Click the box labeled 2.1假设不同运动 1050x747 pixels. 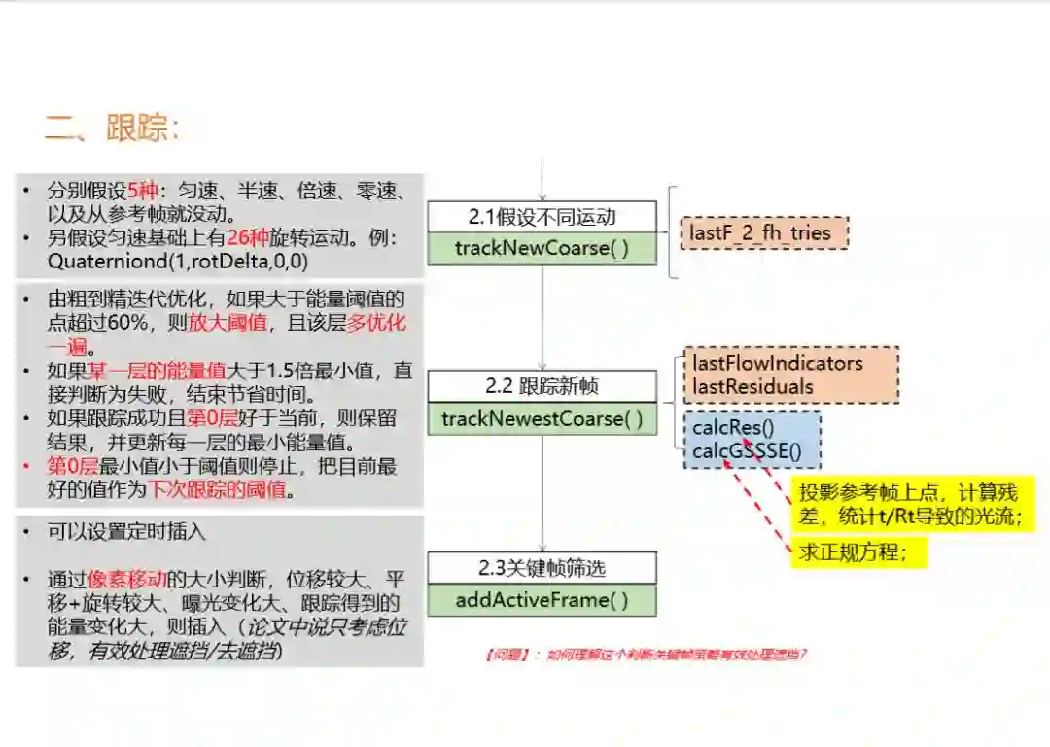542,216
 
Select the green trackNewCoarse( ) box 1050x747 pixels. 542,248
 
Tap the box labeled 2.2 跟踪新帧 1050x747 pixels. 542,386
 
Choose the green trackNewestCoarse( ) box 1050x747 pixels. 542,418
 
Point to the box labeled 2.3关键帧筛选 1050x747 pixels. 542,568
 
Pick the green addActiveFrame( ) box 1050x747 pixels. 542,600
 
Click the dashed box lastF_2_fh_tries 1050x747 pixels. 763,233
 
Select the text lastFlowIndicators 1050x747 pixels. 777,363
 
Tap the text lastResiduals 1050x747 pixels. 752,386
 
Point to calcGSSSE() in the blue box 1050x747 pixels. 747,450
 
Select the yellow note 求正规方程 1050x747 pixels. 853,552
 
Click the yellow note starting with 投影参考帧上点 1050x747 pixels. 910,504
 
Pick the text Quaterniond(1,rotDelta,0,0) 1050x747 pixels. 164,262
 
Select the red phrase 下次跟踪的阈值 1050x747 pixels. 217,490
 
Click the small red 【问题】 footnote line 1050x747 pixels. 646,655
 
